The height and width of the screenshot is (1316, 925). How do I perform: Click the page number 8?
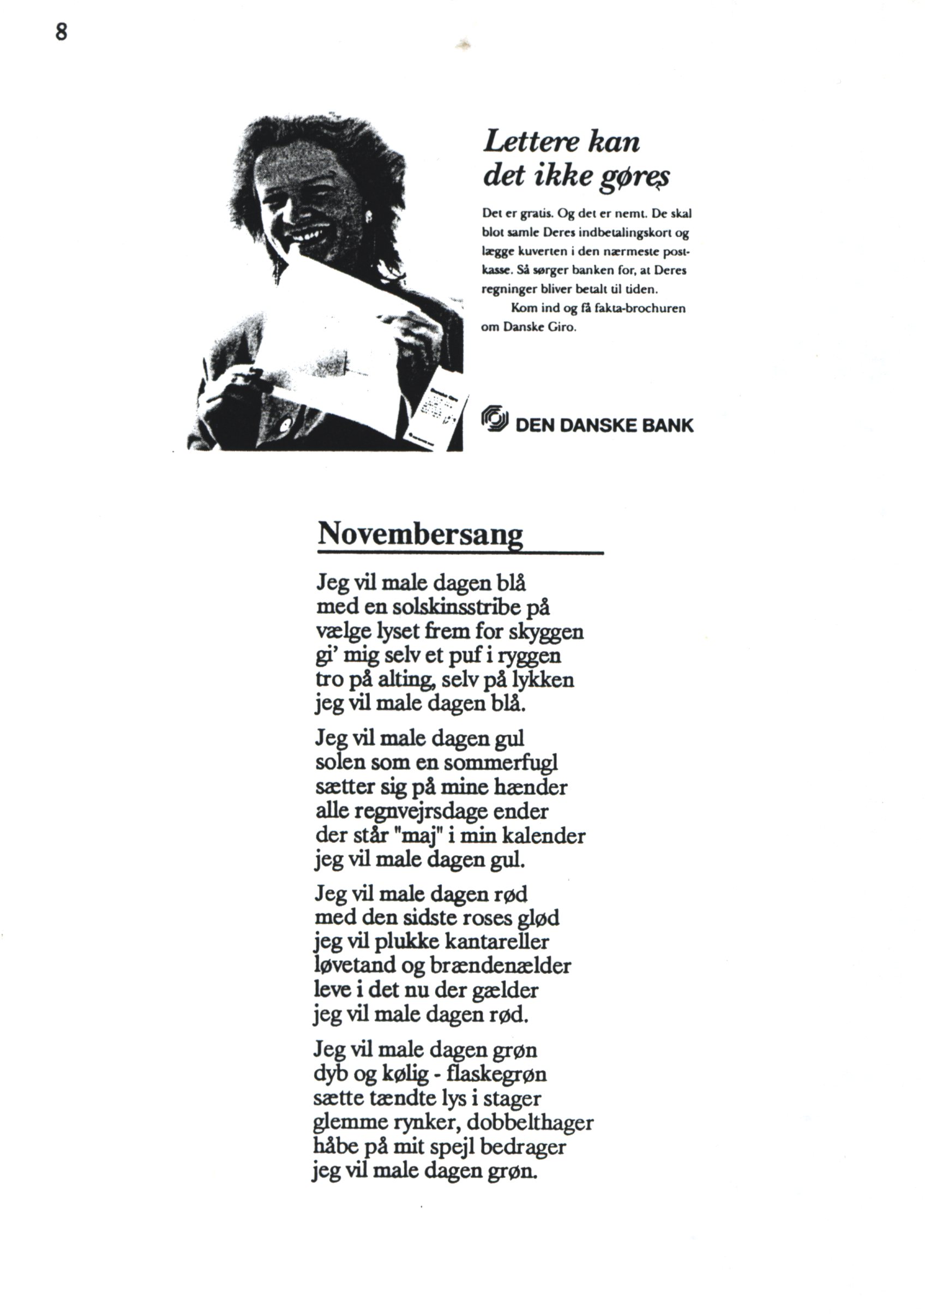point(61,32)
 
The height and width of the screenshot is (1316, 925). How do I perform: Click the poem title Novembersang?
point(420,534)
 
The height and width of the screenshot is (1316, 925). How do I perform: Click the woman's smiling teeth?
point(309,234)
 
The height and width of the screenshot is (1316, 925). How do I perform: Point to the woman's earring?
point(369,216)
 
